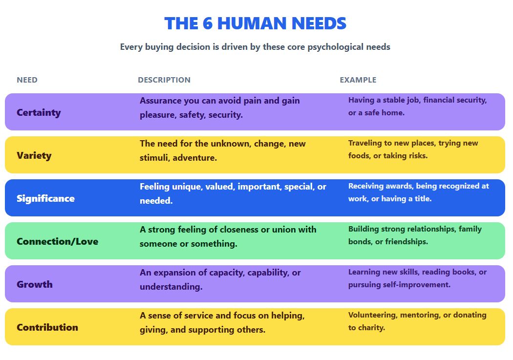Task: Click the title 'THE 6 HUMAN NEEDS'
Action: click(x=255, y=23)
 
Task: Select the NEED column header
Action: click(x=27, y=80)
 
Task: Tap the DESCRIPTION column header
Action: click(x=164, y=80)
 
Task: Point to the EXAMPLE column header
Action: click(x=358, y=80)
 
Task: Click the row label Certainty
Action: click(x=39, y=112)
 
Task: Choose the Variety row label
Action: click(x=34, y=155)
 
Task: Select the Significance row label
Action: click(x=45, y=198)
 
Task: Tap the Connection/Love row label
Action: click(x=57, y=241)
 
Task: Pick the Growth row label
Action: click(x=34, y=284)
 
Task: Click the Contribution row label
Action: click(x=47, y=327)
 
